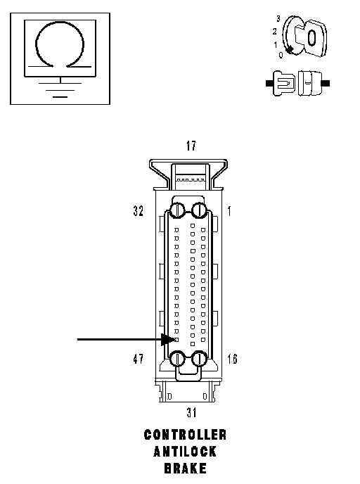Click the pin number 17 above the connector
pos(191,146)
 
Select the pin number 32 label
pos(139,211)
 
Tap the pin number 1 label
pos(229,212)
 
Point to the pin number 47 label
pos(139,359)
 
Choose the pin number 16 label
pos(232,359)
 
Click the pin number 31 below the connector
pos(191,412)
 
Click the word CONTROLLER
pos(185,435)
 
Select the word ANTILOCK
pos(185,452)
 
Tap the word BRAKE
pos(185,469)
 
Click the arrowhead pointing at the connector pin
pos(169,340)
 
